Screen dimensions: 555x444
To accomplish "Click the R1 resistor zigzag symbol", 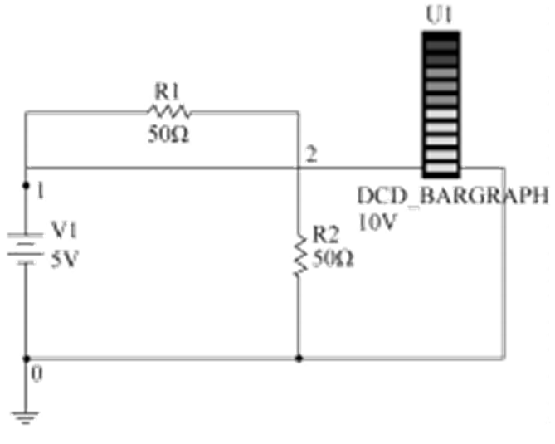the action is (x=169, y=111).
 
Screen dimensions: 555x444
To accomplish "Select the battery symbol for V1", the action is (x=26, y=246).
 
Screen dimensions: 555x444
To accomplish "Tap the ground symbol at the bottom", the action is (x=26, y=417).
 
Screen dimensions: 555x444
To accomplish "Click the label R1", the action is (x=168, y=90).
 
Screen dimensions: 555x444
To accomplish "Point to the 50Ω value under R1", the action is (x=169, y=134).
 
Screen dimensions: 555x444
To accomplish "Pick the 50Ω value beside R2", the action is (x=333, y=259).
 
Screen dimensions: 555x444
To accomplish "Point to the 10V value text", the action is (x=379, y=222).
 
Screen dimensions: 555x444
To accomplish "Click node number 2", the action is (x=309, y=156).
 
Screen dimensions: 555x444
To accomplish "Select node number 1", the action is (x=39, y=190).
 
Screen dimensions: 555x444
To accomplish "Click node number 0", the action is (x=36, y=373).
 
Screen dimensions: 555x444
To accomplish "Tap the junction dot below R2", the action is (x=298, y=359).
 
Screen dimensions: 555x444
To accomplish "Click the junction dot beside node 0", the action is (x=26, y=359).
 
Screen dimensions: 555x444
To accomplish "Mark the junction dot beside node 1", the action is (x=26, y=188).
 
